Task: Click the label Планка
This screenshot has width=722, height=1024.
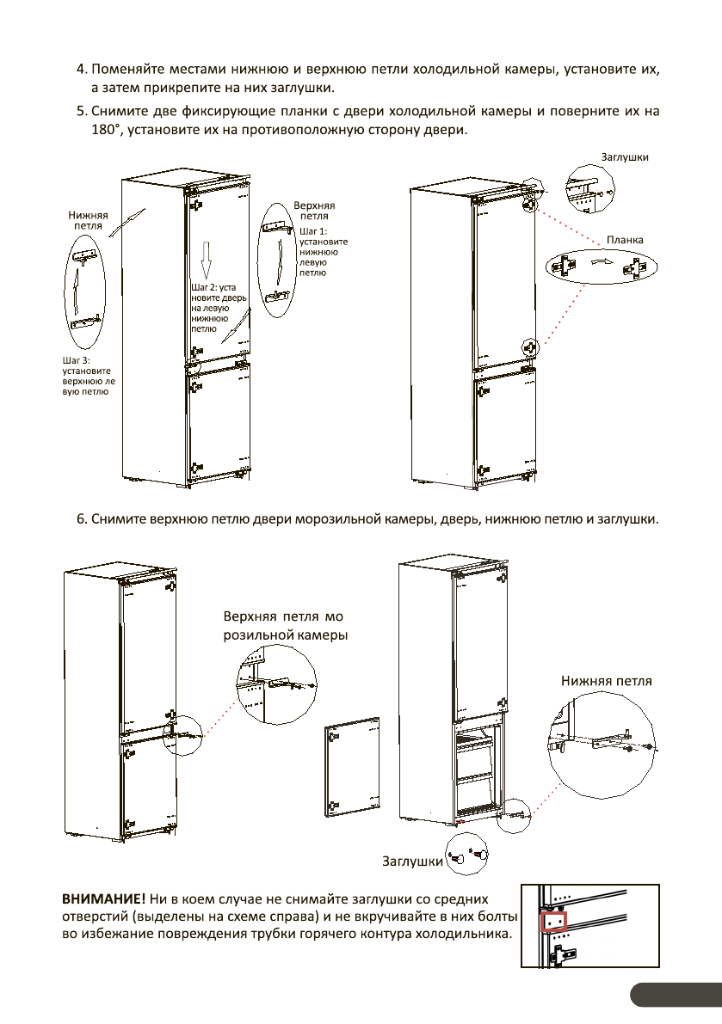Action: tap(625, 240)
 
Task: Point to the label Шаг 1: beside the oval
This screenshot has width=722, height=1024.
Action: tap(312, 231)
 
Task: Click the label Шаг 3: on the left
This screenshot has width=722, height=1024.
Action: tap(77, 359)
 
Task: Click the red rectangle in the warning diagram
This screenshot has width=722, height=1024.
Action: tap(554, 923)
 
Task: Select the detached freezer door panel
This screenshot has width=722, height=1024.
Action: tap(352, 770)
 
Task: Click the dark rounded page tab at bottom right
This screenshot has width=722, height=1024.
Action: tap(676, 994)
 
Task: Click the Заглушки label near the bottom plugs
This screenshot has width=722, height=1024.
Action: tap(412, 861)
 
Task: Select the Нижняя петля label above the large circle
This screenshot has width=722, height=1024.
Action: tap(607, 681)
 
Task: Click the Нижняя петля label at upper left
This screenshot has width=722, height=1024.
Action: tap(89, 220)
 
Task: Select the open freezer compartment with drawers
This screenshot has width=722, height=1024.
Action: tap(478, 774)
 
